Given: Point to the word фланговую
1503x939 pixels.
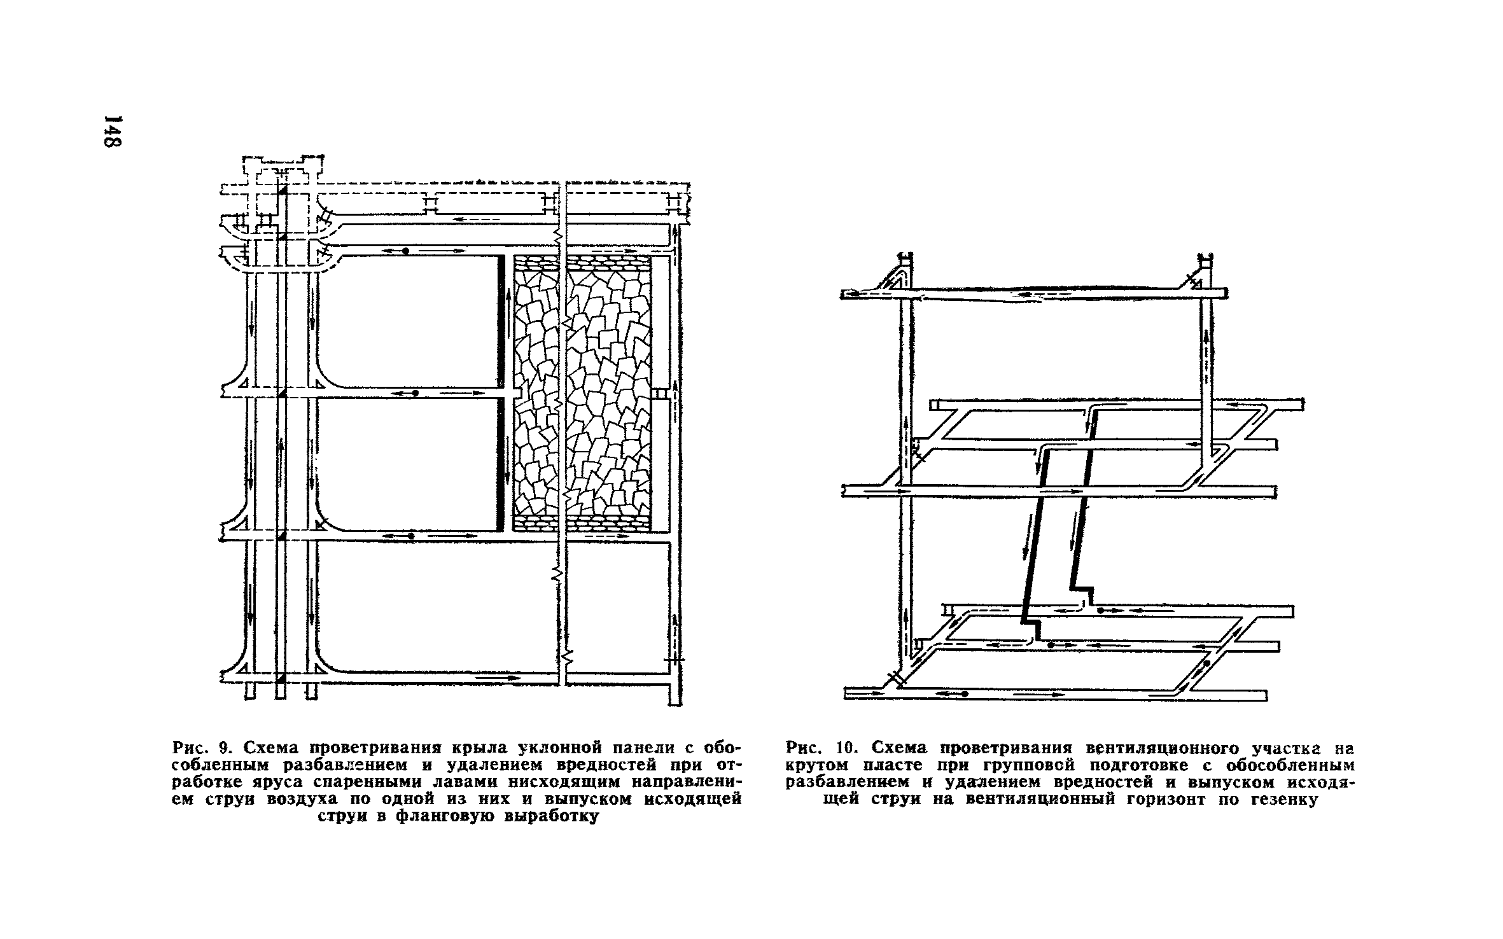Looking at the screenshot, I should pos(445,817).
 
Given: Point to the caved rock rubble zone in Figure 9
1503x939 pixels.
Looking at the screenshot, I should pos(582,394).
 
